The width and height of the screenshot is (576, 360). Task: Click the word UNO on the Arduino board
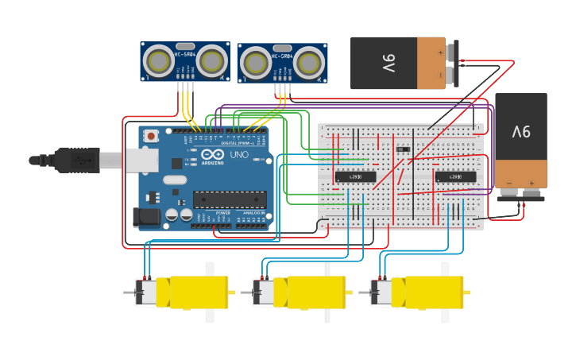[x=239, y=154]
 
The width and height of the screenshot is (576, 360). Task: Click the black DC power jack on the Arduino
[x=148, y=216]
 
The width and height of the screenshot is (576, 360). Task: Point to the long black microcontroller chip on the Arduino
[x=230, y=199]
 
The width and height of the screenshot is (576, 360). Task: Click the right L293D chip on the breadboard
[x=456, y=176]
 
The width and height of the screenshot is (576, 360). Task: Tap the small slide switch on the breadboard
[x=403, y=148]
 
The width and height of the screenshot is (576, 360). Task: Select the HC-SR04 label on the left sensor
[x=184, y=54]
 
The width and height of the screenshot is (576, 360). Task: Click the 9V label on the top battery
[x=389, y=63]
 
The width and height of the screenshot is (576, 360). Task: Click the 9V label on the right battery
[x=521, y=131]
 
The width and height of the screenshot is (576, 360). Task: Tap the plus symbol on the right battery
[x=529, y=182]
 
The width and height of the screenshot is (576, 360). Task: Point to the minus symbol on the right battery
[x=509, y=182]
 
